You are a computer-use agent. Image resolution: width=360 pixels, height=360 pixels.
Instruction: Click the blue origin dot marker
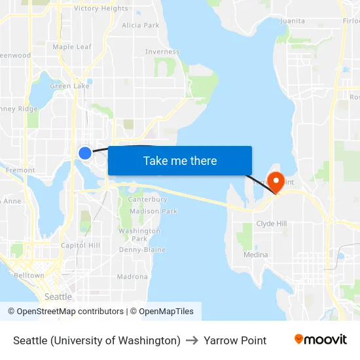[x=84, y=153]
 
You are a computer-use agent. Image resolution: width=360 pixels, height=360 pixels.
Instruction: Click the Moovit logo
[x=320, y=340]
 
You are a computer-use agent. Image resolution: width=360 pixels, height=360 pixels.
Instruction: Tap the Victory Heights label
[x=101, y=9]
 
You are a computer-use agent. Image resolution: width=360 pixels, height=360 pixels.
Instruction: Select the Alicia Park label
[x=141, y=26]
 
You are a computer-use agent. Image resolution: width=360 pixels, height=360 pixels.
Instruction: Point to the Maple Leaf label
[x=72, y=47]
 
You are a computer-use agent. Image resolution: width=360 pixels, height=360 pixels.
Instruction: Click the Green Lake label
[x=70, y=86]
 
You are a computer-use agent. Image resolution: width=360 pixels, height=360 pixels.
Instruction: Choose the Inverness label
[x=162, y=52]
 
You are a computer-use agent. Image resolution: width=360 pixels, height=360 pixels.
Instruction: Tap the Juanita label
[x=292, y=21]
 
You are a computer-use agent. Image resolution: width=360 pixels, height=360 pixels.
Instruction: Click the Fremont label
[x=20, y=170]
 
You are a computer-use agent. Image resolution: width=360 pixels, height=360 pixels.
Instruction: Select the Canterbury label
[x=148, y=200]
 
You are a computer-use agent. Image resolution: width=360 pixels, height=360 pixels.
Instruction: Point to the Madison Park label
[x=154, y=211]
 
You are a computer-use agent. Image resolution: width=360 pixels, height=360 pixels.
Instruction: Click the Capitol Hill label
[x=80, y=245]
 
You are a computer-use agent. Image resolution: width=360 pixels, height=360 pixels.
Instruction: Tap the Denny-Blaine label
[x=142, y=250]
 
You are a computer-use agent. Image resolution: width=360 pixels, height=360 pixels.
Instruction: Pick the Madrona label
[x=132, y=277]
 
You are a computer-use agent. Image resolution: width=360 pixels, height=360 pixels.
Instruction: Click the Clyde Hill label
[x=271, y=223]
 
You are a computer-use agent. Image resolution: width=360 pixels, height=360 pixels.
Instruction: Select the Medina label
[x=255, y=255]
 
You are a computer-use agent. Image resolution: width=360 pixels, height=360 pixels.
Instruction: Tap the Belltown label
[x=29, y=276]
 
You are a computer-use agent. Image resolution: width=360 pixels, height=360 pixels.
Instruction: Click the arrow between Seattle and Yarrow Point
[x=192, y=340]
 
